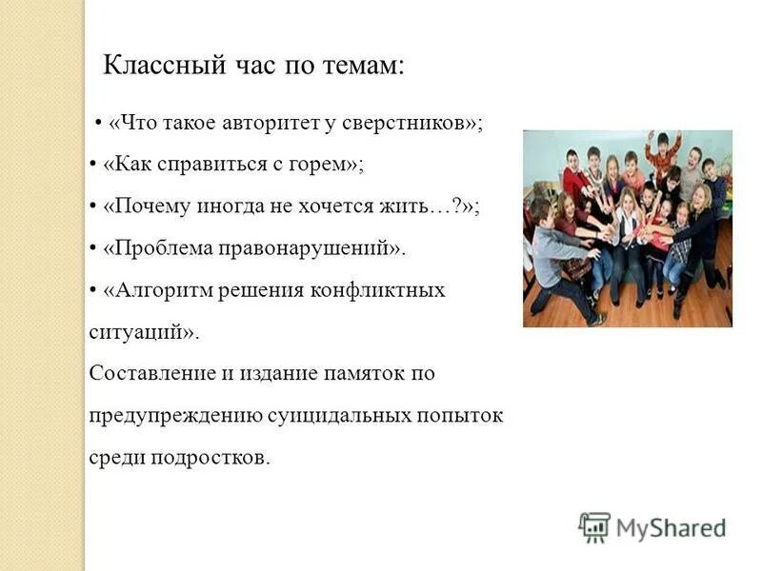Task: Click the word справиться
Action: [203, 165]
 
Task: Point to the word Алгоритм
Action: [156, 290]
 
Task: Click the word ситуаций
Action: [139, 332]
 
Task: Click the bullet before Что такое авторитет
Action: [99, 125]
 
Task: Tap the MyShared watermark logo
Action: [652, 526]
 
